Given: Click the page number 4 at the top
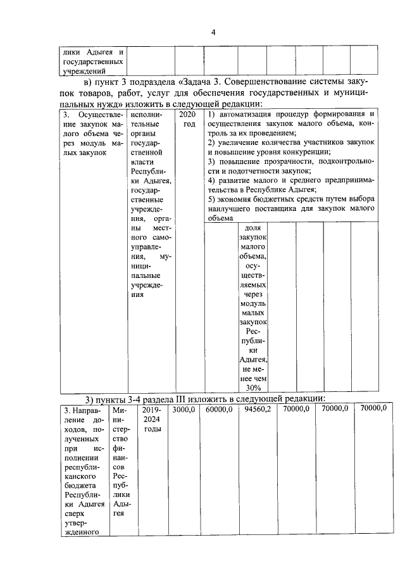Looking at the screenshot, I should click(213, 33).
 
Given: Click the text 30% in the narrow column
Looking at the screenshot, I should click(253, 387).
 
